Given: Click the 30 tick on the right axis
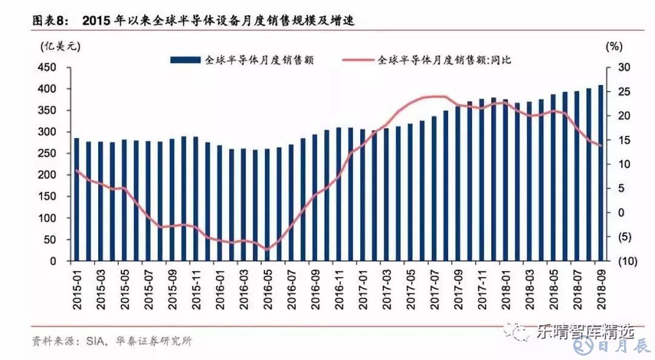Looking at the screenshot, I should (x=610, y=67).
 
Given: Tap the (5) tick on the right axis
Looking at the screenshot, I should (x=611, y=237).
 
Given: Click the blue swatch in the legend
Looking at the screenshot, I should (x=184, y=60).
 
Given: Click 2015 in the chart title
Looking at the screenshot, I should (x=99, y=21).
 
